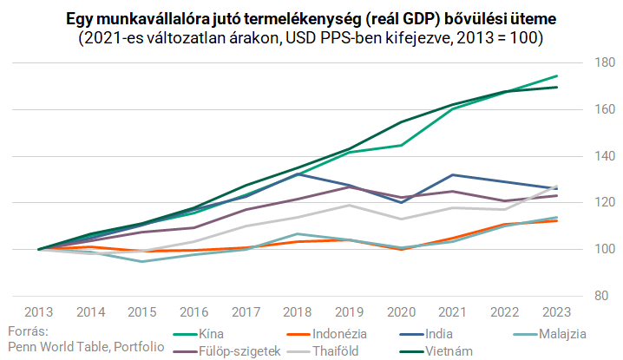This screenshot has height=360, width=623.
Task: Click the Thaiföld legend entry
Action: [x=341, y=351]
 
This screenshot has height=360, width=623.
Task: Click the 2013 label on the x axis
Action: [x=39, y=312]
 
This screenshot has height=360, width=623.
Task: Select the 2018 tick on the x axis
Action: [x=298, y=312]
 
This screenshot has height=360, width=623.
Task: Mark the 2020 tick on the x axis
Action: [x=402, y=312]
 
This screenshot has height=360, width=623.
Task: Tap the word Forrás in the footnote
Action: [x=25, y=331]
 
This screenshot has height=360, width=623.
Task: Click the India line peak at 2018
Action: [x=298, y=174]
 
